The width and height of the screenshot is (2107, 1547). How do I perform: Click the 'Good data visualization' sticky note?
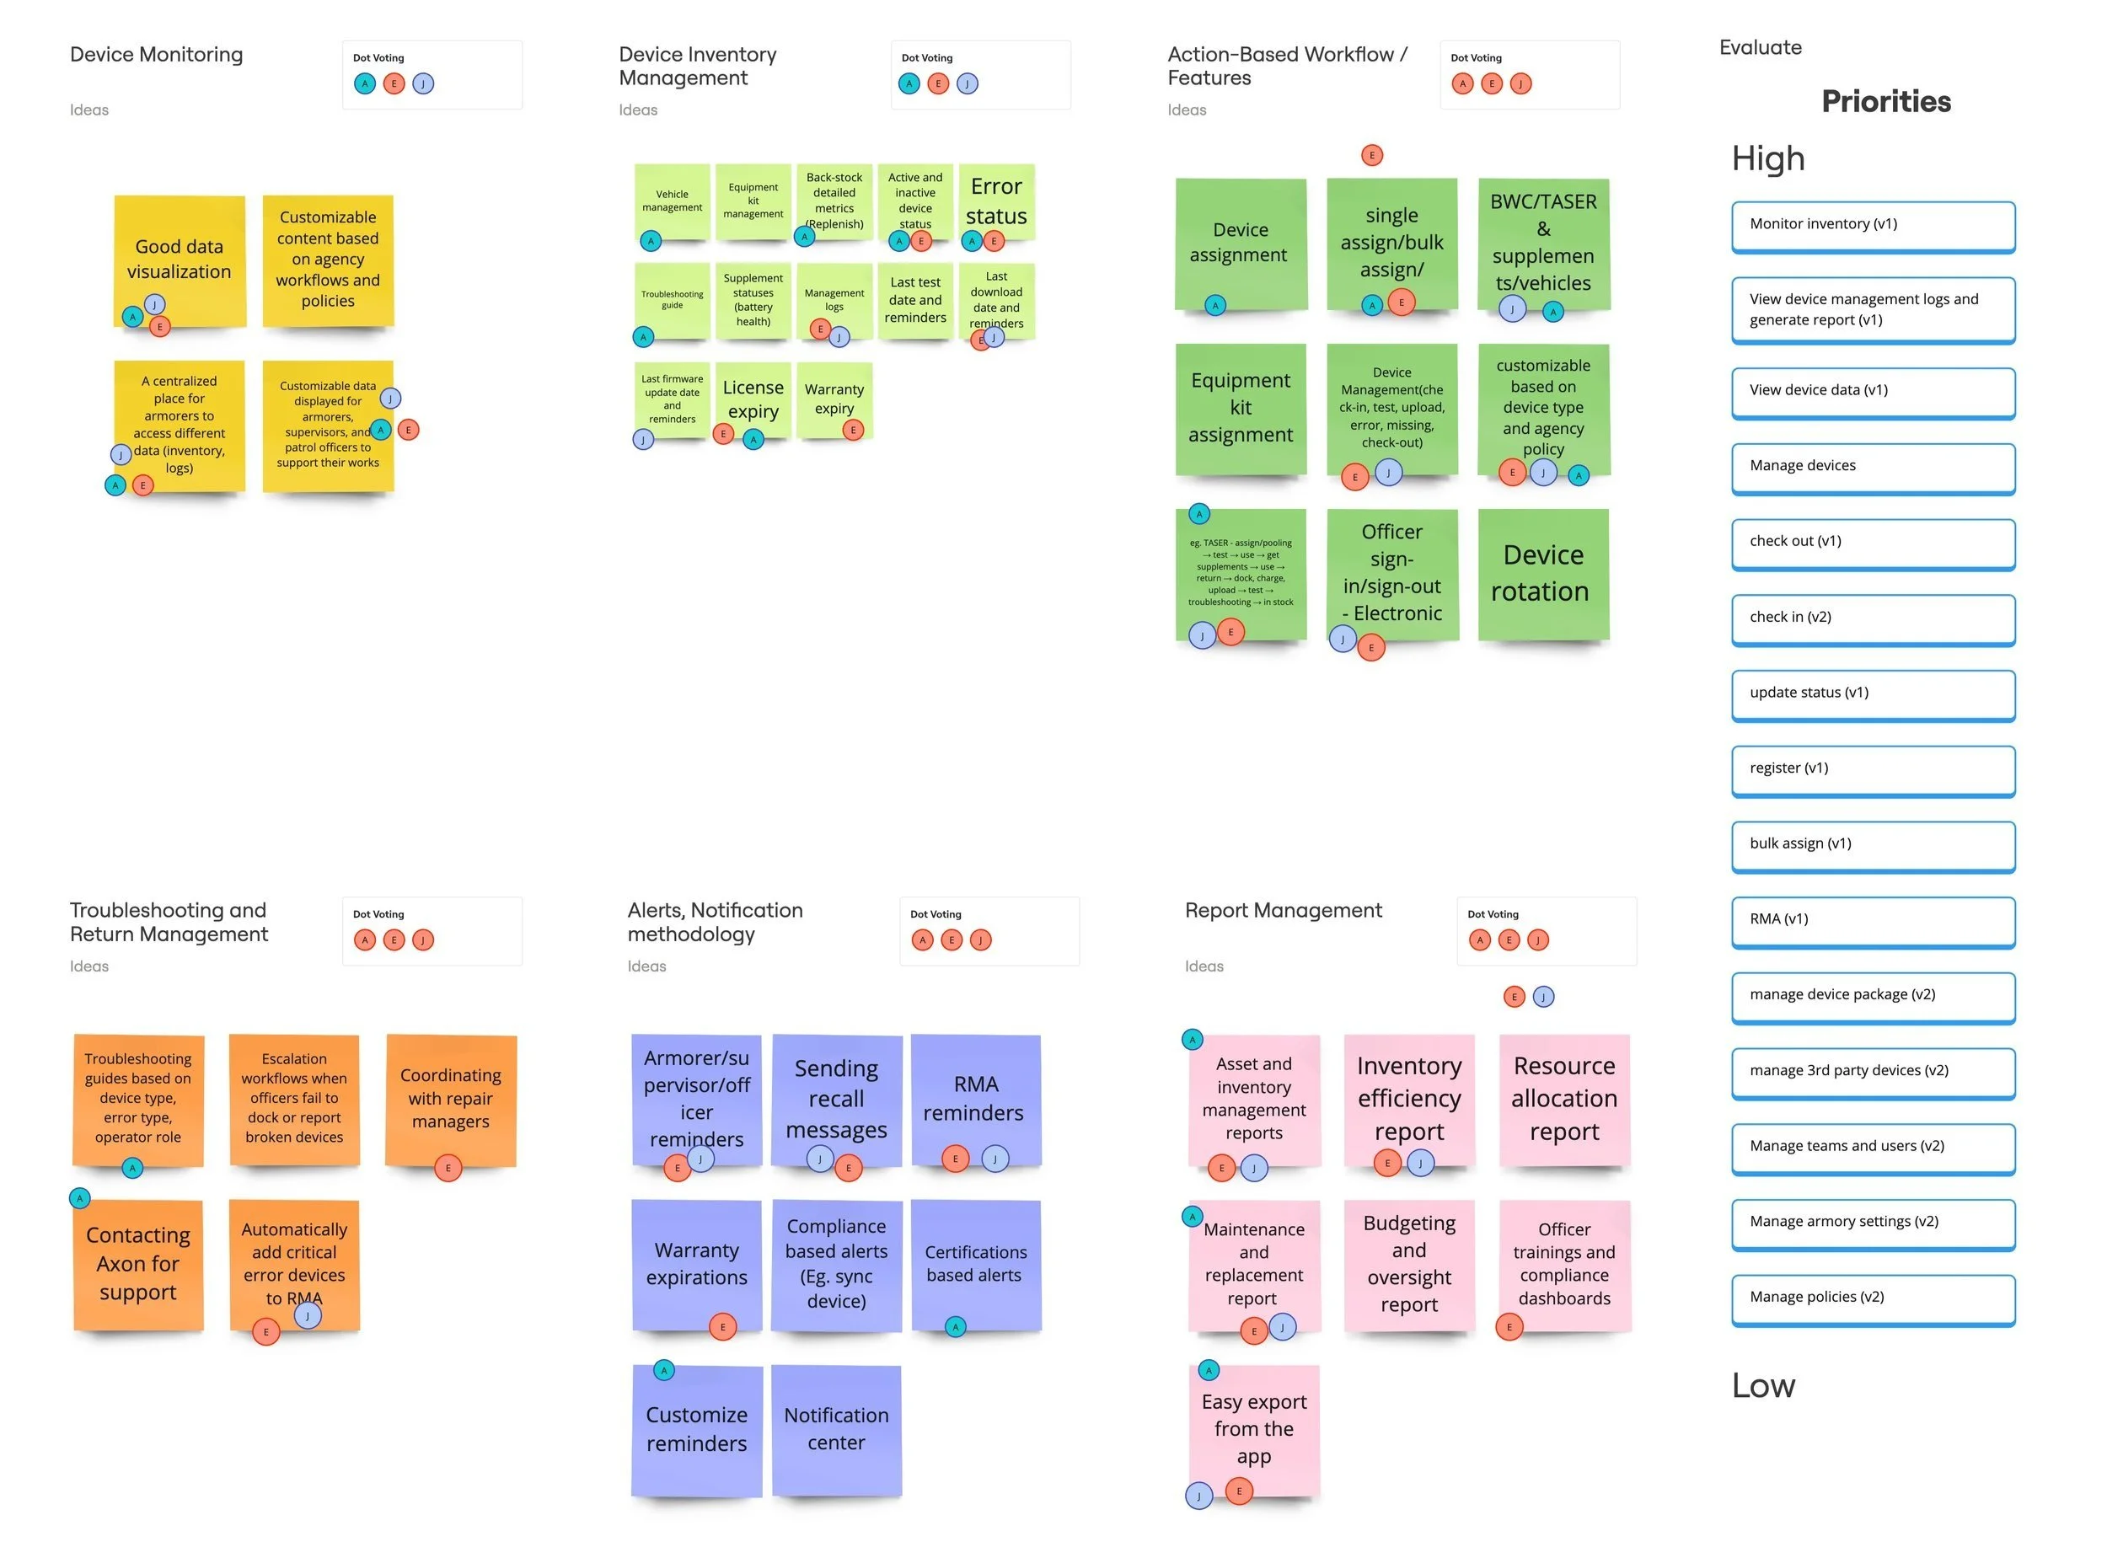point(179,260)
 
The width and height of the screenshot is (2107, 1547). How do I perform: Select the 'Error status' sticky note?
point(996,201)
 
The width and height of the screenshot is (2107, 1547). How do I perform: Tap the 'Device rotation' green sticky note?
point(1542,573)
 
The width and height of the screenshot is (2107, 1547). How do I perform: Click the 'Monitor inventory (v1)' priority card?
point(1873,225)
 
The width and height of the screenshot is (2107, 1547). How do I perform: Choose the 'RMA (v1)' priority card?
point(1873,919)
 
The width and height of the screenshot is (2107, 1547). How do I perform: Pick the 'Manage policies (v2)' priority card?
point(1873,1298)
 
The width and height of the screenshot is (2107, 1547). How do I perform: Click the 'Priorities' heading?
point(1885,101)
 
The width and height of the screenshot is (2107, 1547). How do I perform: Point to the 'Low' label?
point(1762,1385)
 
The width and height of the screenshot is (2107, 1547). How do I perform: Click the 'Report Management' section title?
point(1283,910)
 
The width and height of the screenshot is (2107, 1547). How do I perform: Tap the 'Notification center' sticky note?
point(836,1429)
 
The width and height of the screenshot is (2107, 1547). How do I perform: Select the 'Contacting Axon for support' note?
point(137,1263)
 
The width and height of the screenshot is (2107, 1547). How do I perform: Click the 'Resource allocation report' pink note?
point(1564,1099)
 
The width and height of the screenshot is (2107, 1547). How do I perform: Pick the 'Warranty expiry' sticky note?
point(834,399)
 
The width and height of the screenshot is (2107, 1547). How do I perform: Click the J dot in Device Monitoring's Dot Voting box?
point(423,84)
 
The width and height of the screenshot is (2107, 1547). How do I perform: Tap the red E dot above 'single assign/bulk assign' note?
point(1371,155)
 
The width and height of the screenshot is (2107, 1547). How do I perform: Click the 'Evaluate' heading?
point(1760,48)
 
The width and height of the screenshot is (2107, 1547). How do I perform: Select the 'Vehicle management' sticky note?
point(672,201)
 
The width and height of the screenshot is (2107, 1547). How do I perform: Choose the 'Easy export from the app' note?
point(1253,1429)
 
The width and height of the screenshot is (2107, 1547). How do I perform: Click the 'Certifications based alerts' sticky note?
point(975,1263)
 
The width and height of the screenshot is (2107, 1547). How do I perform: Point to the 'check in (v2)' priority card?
point(1873,618)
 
